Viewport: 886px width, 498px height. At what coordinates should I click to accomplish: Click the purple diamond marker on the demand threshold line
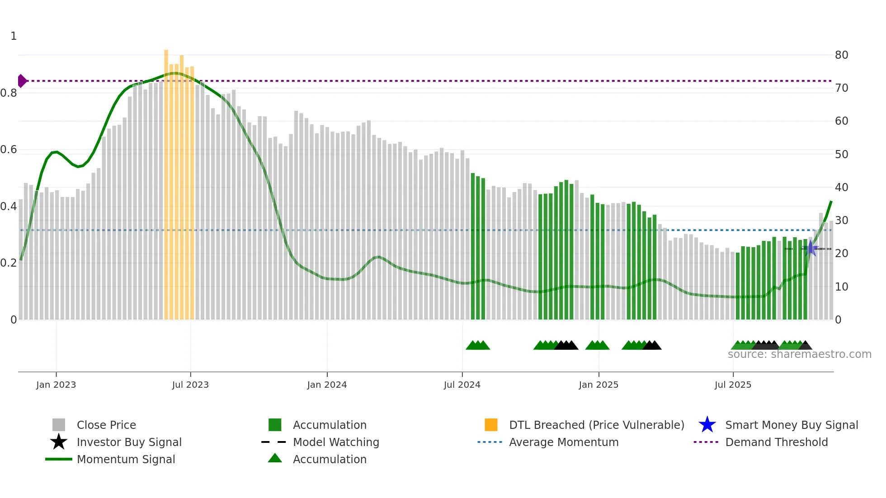(x=22, y=81)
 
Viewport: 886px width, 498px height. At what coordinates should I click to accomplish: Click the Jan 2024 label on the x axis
(x=327, y=385)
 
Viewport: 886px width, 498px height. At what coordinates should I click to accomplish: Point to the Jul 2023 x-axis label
(x=190, y=385)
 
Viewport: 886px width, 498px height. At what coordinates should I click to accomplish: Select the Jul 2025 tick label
(x=733, y=385)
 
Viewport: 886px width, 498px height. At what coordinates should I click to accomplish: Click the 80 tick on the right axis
(x=841, y=55)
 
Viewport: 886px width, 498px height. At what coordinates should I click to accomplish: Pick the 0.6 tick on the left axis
(x=9, y=150)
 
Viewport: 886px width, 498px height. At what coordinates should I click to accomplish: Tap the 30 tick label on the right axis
(x=841, y=221)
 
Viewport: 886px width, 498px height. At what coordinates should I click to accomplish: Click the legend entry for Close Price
(x=106, y=425)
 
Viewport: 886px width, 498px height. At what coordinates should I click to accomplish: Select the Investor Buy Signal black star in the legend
(x=59, y=442)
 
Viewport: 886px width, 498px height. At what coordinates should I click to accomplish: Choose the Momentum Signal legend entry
(x=126, y=460)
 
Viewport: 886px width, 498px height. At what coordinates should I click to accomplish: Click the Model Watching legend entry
(x=336, y=442)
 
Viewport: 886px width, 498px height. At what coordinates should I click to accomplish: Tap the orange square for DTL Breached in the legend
(x=491, y=425)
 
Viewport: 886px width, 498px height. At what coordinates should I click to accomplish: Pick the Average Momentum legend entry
(x=564, y=442)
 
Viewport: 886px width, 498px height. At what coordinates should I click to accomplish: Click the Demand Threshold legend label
(x=776, y=442)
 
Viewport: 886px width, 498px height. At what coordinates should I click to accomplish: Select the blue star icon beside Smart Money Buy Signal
(x=707, y=425)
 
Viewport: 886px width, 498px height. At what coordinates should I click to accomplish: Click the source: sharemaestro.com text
(x=799, y=354)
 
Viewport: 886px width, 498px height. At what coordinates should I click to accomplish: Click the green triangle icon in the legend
(x=275, y=459)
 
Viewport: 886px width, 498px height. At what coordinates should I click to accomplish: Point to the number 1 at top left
(x=14, y=36)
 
